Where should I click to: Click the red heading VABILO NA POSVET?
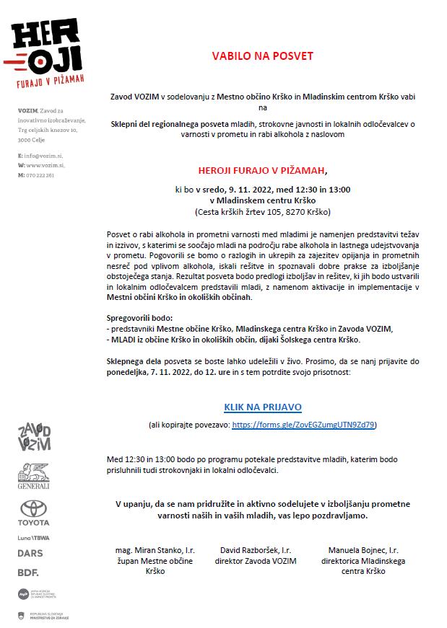point(262,55)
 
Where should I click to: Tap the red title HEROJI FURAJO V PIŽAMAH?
point(262,171)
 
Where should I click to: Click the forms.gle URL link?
point(304,425)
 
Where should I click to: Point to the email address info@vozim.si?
point(43,156)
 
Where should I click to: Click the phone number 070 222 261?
point(40,175)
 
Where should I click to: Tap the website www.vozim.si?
point(44,165)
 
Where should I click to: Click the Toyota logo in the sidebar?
point(34,513)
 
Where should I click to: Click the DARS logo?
point(30,553)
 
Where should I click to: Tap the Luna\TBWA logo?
point(34,538)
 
